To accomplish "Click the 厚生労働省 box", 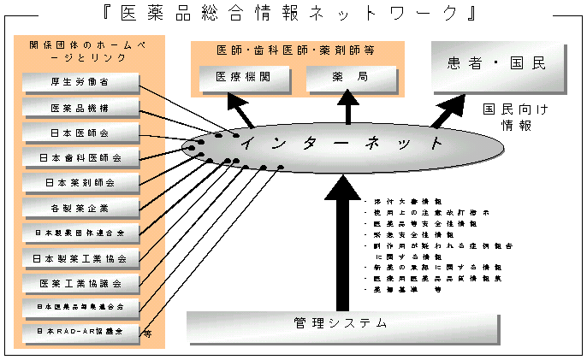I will click(80, 83).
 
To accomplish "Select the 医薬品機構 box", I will click(80, 108).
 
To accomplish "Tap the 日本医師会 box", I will click(80, 133).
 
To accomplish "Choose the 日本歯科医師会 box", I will click(80, 157).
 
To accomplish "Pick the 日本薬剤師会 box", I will click(80, 182).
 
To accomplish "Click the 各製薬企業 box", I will click(80, 207).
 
